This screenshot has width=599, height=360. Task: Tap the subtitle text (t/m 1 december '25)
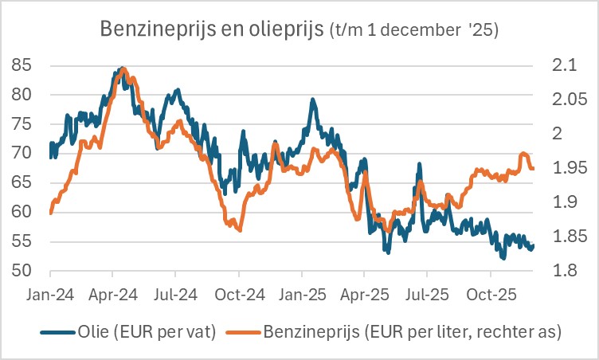pyautogui.click(x=413, y=31)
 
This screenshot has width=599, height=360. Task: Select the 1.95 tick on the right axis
pyautogui.click(x=566, y=168)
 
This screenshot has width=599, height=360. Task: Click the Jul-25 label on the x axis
pyautogui.click(x=428, y=295)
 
